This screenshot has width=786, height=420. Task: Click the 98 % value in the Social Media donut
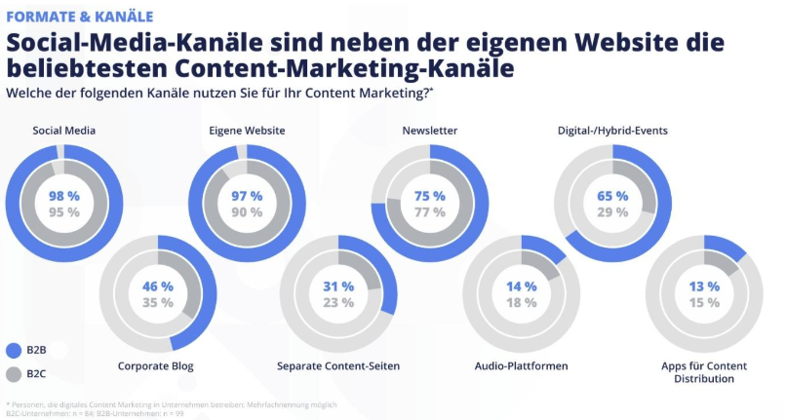point(64,196)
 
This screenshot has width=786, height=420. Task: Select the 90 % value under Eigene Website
point(247,212)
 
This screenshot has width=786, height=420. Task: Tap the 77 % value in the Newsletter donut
point(429,212)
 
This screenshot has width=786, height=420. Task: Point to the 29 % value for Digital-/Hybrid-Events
point(611,212)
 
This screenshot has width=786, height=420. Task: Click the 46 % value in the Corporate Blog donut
point(156,286)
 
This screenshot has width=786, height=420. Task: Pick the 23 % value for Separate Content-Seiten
point(338,303)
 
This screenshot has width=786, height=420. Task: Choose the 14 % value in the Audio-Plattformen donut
point(521,286)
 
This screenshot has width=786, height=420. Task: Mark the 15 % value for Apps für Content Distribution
point(703,303)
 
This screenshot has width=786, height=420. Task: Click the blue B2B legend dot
point(14,350)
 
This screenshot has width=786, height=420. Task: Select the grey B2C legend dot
point(14,373)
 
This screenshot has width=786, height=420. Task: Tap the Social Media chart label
point(64,131)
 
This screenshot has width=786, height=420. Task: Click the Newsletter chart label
point(429,131)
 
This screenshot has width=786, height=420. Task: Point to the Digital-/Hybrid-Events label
point(611,131)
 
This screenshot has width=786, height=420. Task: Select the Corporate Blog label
point(156,366)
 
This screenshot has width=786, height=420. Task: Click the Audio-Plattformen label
point(521,366)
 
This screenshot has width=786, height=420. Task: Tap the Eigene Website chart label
point(247,131)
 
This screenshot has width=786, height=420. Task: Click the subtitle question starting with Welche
point(219,93)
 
